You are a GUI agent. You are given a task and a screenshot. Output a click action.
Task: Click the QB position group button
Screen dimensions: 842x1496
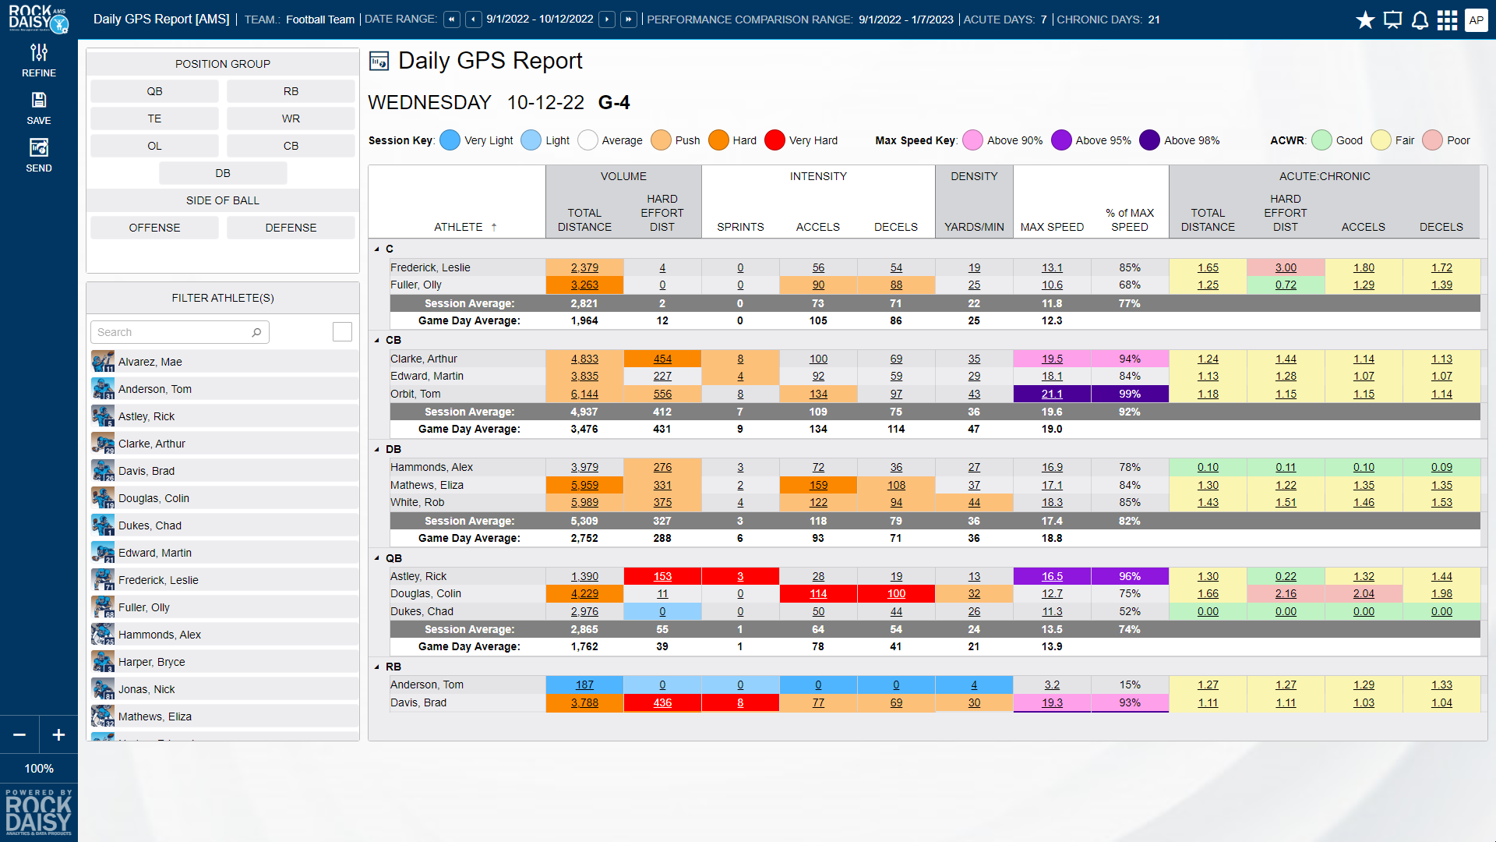(x=154, y=91)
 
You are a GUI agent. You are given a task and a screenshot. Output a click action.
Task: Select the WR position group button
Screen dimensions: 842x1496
(x=291, y=119)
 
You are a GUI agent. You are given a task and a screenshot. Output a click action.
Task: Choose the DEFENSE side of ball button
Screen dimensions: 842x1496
(x=291, y=228)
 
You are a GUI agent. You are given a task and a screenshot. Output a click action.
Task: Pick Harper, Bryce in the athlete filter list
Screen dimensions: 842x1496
(x=152, y=662)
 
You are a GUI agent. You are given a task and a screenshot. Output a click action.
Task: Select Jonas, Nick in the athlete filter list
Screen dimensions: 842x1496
(x=146, y=689)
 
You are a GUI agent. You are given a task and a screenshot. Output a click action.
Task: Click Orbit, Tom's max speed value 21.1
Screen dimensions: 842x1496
(x=1052, y=394)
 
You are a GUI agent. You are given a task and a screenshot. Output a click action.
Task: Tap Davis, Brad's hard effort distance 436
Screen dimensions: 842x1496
(x=662, y=702)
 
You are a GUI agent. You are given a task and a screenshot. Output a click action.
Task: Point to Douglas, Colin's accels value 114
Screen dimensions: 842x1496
(x=818, y=593)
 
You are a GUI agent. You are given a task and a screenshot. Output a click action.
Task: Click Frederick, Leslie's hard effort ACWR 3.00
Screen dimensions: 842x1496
(x=1286, y=267)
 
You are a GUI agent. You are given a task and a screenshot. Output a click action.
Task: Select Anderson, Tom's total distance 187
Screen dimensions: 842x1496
(x=584, y=685)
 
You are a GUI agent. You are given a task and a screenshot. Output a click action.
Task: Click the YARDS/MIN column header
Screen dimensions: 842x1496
(x=974, y=227)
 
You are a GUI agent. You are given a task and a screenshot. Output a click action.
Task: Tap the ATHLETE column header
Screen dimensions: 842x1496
(x=458, y=227)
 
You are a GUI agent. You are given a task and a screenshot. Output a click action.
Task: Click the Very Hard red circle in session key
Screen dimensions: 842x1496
(x=774, y=140)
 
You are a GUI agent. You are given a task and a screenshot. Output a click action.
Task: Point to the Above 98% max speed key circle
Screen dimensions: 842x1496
(x=1149, y=140)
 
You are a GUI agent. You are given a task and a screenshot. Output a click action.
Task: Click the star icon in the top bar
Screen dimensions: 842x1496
(x=1365, y=20)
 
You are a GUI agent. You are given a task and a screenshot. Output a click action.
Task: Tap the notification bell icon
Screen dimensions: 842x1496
(x=1420, y=20)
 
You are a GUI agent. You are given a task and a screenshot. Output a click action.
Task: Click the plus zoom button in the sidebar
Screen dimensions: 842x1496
(x=58, y=734)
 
